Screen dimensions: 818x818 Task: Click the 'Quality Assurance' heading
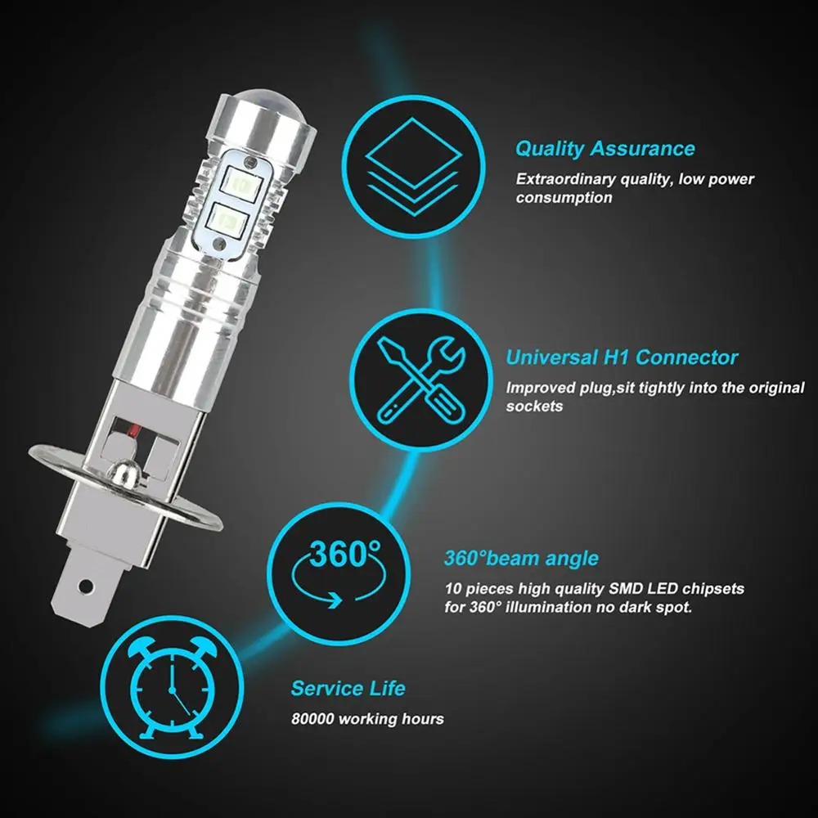pyautogui.click(x=605, y=149)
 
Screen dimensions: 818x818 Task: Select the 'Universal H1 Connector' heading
pyautogui.click(x=622, y=357)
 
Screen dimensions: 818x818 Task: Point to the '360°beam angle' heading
pyautogui.click(x=521, y=559)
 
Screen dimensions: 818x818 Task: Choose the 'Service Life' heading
pyautogui.click(x=348, y=688)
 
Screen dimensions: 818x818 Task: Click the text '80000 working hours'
pyautogui.click(x=367, y=719)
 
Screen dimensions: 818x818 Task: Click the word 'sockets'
pyautogui.click(x=535, y=406)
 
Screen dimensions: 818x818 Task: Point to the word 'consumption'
pyautogui.click(x=564, y=198)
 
